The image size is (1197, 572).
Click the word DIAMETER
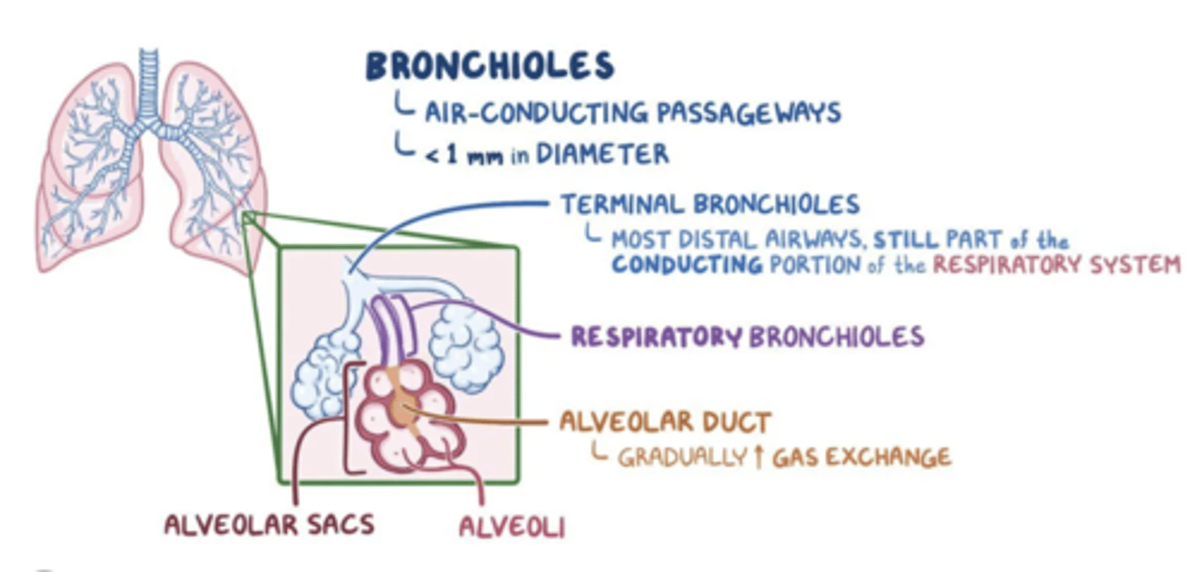pos(602,155)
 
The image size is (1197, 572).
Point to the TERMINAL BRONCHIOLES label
pos(710,204)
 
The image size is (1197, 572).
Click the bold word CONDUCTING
pos(687,265)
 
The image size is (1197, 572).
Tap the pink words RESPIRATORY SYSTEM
pos(1056,265)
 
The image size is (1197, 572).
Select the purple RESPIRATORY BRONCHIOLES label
pos(747,337)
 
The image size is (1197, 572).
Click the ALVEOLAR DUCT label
pos(665,422)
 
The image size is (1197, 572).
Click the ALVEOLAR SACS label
pos(269,525)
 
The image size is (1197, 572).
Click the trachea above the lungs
pos(149,79)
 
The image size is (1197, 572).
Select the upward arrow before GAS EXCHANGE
pos(757,457)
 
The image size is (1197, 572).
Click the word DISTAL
pos(733,241)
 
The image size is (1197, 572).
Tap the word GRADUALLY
pos(681,457)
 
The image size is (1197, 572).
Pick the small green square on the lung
pos(248,218)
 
